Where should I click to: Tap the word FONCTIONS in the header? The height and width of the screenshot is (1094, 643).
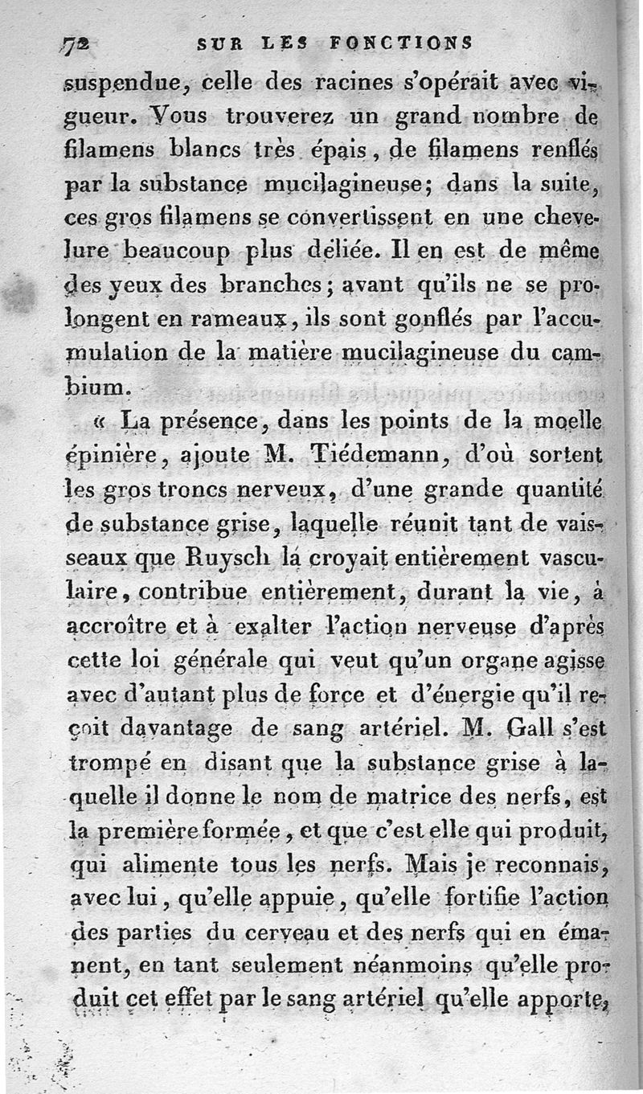point(400,43)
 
